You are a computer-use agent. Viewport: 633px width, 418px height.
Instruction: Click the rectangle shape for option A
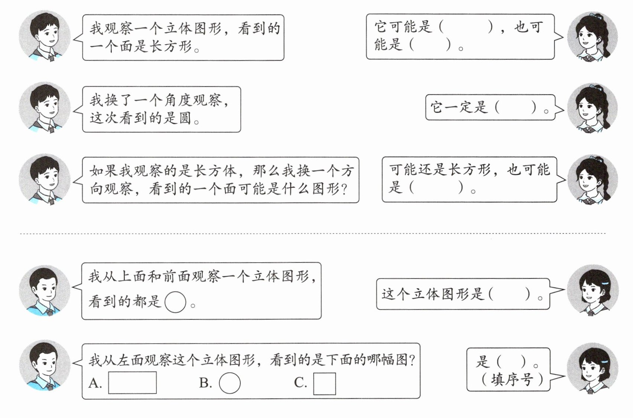pos(132,383)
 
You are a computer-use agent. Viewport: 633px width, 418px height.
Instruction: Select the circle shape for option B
pos(230,383)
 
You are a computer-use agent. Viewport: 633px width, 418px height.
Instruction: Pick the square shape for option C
pos(324,383)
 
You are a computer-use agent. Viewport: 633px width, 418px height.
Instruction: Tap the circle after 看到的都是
pos(175,302)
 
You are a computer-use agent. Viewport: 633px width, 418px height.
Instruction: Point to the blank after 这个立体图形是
pos(510,294)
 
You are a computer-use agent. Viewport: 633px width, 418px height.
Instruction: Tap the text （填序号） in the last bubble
pos(512,379)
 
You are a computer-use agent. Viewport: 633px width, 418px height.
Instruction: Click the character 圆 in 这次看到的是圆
pos(185,118)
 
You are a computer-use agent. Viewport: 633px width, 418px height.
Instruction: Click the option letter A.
pos(95,383)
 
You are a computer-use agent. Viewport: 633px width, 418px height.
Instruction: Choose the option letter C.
pos(300,383)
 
